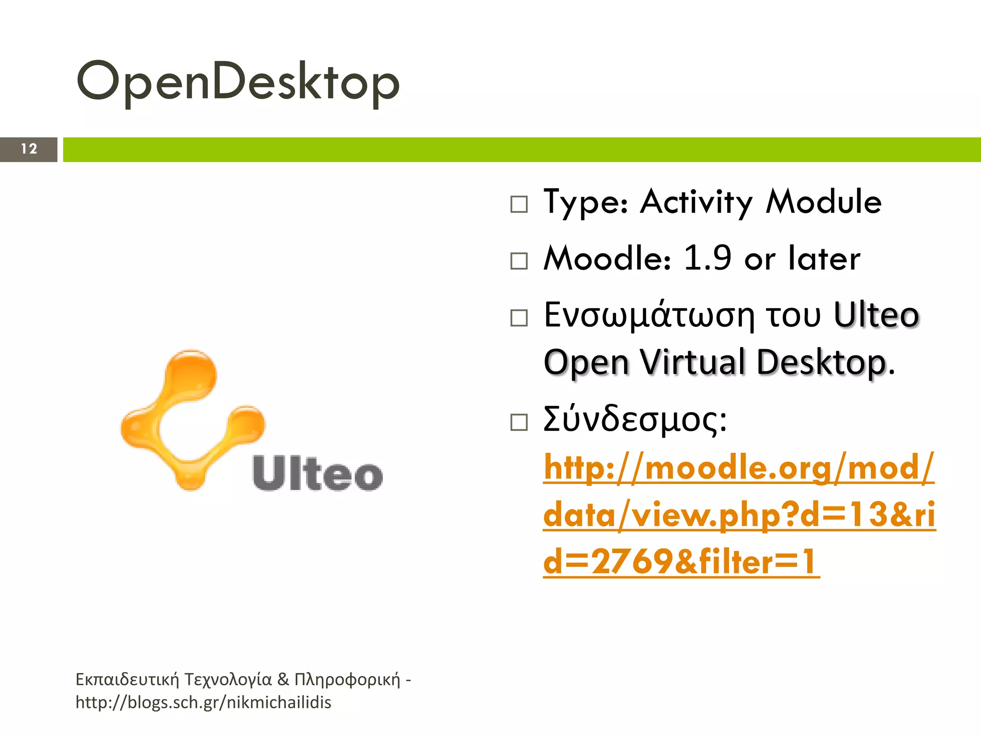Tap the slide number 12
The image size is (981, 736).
(29, 149)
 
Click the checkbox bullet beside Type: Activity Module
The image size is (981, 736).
(519, 204)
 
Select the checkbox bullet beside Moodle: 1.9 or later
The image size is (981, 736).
(519, 261)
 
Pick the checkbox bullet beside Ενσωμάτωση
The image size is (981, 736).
(519, 318)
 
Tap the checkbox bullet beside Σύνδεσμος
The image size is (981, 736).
(519, 422)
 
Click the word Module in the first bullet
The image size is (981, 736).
(823, 202)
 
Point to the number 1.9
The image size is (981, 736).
(707, 258)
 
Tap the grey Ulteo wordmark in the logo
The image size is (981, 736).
(318, 474)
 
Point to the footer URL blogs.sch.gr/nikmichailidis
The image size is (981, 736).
(204, 702)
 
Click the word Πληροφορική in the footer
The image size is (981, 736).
(347, 679)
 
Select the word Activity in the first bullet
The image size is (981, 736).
(696, 202)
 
